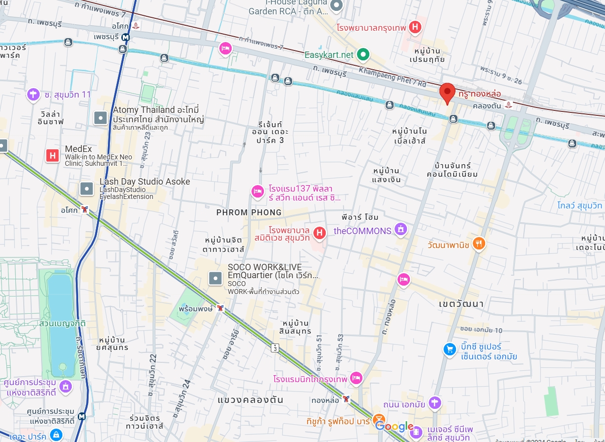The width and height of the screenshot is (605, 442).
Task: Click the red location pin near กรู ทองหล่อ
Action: pos(447,92)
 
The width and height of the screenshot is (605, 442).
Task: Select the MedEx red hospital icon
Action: pos(52,155)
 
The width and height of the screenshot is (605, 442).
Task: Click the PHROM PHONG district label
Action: pos(249,212)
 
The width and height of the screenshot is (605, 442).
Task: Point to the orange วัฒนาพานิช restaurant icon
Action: pos(478,243)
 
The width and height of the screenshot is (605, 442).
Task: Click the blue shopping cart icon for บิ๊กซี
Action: pos(450,349)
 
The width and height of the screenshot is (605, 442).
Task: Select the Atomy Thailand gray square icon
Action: pos(101,117)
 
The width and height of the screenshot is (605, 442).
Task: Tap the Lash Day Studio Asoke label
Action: pos(145,182)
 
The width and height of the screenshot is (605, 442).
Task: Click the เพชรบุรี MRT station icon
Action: pos(127,37)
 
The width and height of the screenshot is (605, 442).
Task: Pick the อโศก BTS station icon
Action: pos(86,209)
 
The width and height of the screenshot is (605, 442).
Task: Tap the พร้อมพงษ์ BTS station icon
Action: pos(220,308)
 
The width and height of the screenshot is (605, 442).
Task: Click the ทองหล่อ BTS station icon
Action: pos(347,399)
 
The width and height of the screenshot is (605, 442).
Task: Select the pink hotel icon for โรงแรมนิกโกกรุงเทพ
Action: pos(355,379)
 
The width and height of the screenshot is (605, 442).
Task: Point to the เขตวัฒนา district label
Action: pos(461,303)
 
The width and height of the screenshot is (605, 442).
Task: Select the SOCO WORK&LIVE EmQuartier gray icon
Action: pos(216,278)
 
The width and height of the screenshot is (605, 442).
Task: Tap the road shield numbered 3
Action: pos(274,348)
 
